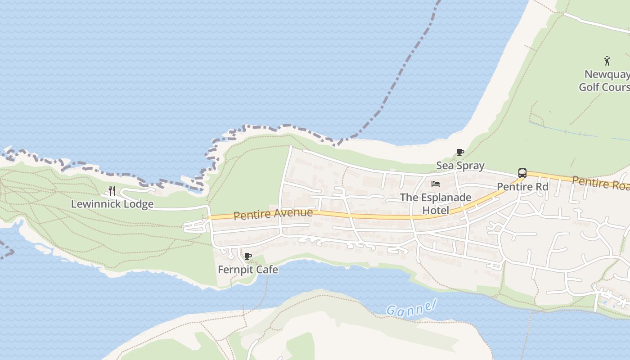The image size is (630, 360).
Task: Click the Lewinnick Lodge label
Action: (x=112, y=204)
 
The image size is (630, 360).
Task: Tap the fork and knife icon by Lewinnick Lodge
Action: (x=112, y=191)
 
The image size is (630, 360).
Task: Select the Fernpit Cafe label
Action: (x=247, y=270)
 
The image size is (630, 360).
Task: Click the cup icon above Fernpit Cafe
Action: (x=247, y=256)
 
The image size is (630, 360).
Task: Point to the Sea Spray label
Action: (x=460, y=166)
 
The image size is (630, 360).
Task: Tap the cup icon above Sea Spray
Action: (x=460, y=153)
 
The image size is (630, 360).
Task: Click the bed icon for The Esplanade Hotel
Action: (x=436, y=184)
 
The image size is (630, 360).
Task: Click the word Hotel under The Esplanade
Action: (x=436, y=210)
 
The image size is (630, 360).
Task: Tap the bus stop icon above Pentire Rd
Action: (x=522, y=173)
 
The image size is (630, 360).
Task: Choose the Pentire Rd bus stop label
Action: (x=522, y=186)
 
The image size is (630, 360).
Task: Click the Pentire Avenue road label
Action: (x=273, y=214)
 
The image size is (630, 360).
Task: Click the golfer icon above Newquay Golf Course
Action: (x=607, y=60)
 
